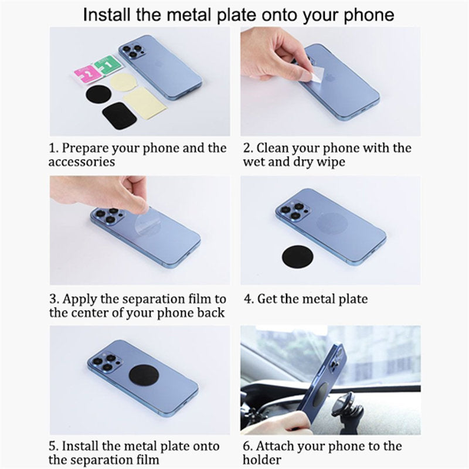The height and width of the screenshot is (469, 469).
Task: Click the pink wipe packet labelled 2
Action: [x=87, y=74]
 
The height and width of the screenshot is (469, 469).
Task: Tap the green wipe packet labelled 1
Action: [x=108, y=65]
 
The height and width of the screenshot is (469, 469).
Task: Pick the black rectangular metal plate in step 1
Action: [x=120, y=115]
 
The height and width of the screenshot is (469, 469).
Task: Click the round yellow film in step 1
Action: [x=124, y=83]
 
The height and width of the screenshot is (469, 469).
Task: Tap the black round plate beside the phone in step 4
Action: [x=298, y=257]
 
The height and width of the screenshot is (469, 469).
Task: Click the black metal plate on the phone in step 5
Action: [x=144, y=375]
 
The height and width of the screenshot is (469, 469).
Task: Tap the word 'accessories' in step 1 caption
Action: [x=81, y=162]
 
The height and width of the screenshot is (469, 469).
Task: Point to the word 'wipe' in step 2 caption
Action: [x=331, y=162]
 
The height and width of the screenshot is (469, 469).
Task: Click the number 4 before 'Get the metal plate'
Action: [x=249, y=299]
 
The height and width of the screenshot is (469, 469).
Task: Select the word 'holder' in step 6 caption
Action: [x=262, y=459]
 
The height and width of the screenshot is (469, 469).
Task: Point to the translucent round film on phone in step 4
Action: [x=332, y=223]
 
